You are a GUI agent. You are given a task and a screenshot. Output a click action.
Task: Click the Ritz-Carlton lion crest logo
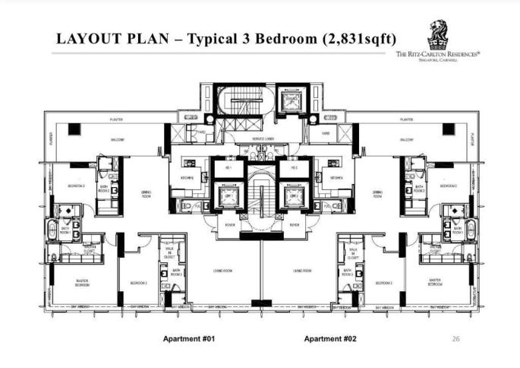438,34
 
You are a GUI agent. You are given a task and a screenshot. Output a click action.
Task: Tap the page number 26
455,338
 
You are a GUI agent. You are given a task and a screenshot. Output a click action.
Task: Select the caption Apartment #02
329,338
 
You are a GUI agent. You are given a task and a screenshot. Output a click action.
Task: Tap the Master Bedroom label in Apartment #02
436,282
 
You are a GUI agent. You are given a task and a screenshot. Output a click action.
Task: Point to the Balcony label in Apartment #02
407,141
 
